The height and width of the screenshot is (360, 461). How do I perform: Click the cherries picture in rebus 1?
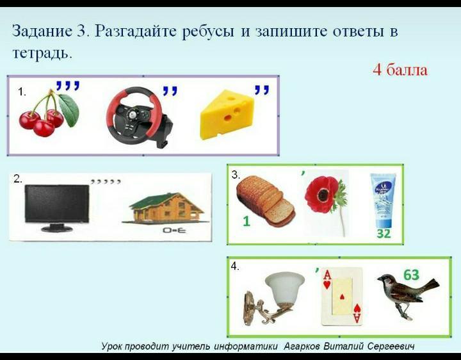pos(49,114)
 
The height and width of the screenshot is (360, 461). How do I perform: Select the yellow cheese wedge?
pos(227,115)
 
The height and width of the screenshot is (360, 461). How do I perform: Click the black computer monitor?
pos(56,208)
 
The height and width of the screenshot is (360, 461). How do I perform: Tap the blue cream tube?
pos(383,200)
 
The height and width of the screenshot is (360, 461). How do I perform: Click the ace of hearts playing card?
pos(342,296)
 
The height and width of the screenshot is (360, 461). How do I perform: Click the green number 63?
pos(412,275)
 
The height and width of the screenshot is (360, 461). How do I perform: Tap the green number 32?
pos(384,234)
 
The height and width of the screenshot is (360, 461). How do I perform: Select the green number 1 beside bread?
pos(247,221)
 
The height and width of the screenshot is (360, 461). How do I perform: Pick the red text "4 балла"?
pos(400,70)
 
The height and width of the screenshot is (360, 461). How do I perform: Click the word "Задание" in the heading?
pos(42,31)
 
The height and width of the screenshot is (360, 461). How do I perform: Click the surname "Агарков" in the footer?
pos(302,347)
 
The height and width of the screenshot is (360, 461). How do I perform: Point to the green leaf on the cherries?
pos(69,110)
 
